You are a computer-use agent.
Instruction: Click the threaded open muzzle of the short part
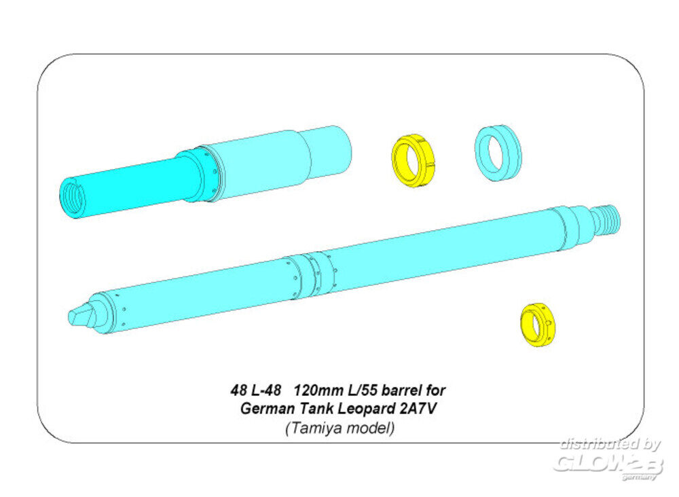[73, 198]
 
